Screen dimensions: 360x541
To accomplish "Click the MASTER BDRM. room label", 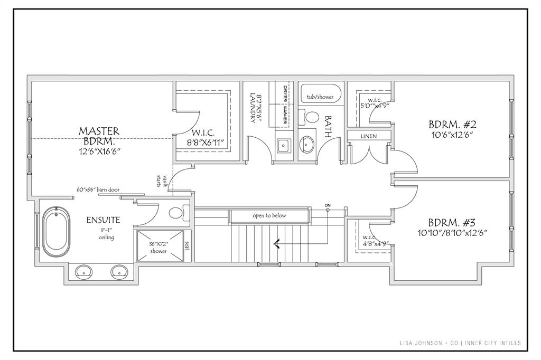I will (99, 136).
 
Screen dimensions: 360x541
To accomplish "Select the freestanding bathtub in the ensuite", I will (55, 232).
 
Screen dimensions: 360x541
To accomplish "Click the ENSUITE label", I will (104, 220).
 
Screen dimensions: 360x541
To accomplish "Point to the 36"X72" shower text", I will (158, 248).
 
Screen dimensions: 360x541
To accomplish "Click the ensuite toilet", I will (176, 214).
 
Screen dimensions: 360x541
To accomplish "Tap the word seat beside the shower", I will (187, 246).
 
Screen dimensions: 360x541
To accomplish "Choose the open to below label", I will (269, 215).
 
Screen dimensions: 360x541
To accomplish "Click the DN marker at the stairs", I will (328, 205).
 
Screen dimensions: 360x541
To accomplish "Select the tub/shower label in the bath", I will (321, 97).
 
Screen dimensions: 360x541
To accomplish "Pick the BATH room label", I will (328, 127).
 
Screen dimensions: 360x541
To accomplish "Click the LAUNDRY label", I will (253, 108).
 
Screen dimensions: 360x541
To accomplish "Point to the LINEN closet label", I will (369, 136).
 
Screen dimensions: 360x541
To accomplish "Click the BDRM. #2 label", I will (453, 125).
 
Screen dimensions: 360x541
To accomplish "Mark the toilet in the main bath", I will (311, 117).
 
